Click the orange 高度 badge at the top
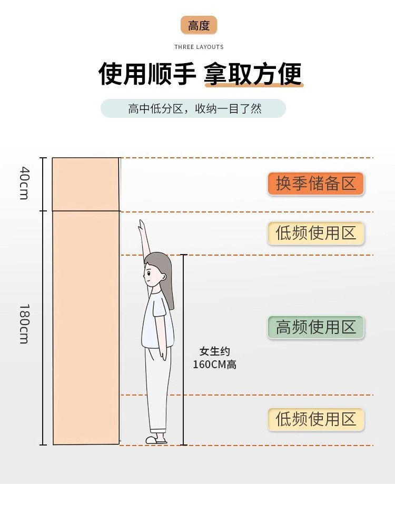[199, 25]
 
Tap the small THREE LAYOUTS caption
[199, 47]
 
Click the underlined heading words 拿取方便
[254, 74]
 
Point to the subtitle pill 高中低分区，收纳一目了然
[193, 109]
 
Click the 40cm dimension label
[24, 183]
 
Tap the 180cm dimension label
[24, 323]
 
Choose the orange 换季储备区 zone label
[315, 184]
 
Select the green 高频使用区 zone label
[315, 327]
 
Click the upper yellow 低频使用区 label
[315, 233]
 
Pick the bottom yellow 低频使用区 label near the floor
[315, 419]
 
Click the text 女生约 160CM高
[214, 358]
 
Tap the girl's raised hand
[141, 226]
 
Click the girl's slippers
[156, 440]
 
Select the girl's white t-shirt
[157, 321]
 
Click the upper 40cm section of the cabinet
[85, 184]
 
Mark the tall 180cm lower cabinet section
[85, 326]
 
